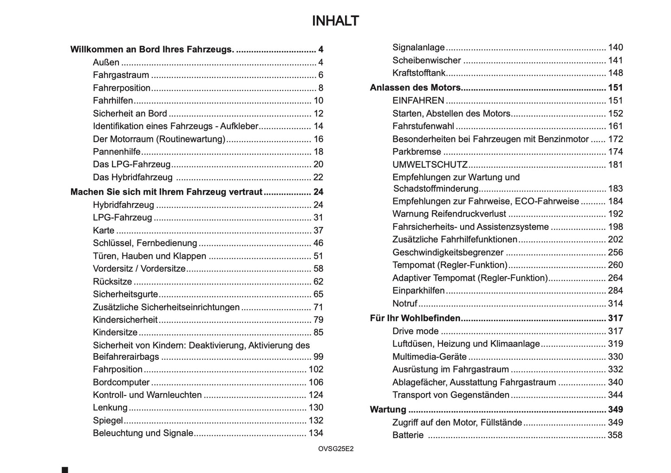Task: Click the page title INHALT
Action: click(x=335, y=21)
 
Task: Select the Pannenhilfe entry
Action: click(x=117, y=152)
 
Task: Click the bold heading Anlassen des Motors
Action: click(x=415, y=88)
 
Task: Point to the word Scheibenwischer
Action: click(x=426, y=60)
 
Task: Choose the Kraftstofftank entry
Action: click(x=419, y=73)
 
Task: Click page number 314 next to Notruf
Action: click(x=615, y=303)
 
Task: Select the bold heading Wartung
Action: click(x=388, y=410)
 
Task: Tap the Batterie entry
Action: click(x=408, y=435)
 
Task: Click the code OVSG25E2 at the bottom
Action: click(x=336, y=449)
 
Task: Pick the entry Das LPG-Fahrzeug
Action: click(x=131, y=164)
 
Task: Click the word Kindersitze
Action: click(x=115, y=333)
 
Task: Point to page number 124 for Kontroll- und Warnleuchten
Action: click(x=316, y=395)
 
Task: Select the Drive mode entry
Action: click(x=415, y=331)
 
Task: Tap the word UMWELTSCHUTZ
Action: click(x=430, y=164)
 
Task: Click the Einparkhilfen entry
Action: click(x=418, y=291)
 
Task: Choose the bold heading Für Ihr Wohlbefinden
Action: click(x=415, y=318)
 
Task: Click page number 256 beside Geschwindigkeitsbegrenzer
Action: click(x=615, y=252)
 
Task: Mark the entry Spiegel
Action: click(x=108, y=420)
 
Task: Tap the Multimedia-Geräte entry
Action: click(x=429, y=357)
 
